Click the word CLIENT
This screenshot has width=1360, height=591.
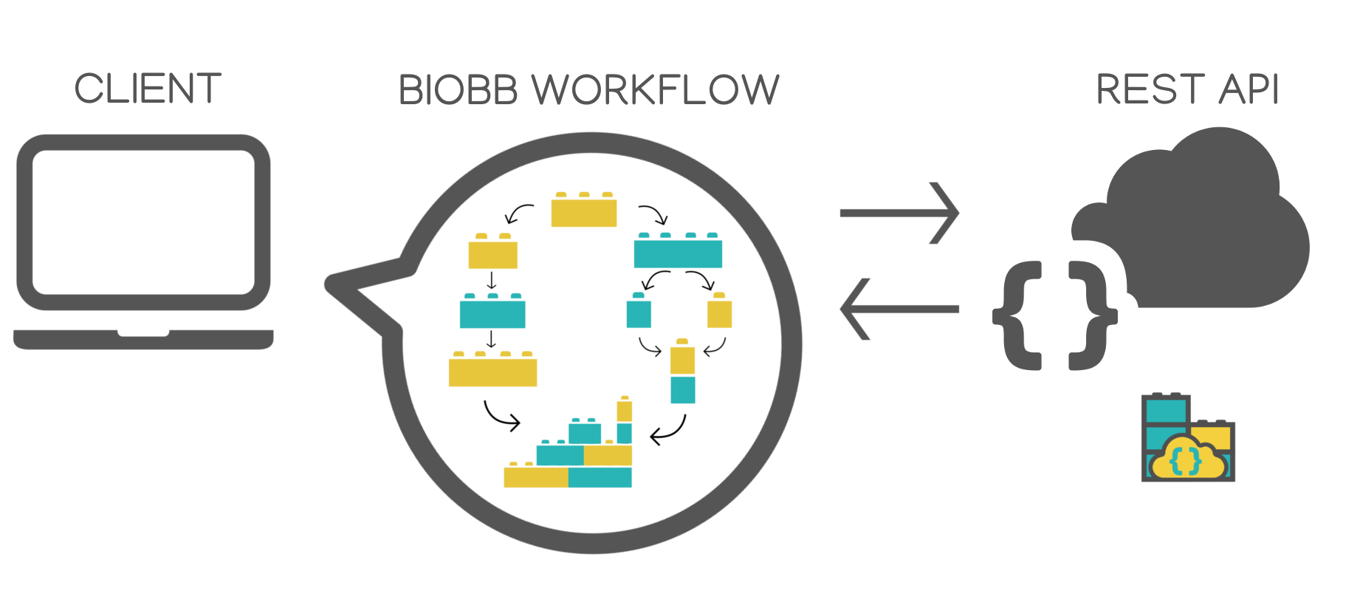point(148,89)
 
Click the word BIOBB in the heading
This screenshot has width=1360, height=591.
point(457,91)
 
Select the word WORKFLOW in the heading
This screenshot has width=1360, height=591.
point(656,91)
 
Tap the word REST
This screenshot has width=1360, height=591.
point(1149,90)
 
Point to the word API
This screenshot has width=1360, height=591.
point(1249,90)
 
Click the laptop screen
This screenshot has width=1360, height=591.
point(143,222)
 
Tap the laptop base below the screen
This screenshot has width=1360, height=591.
point(143,339)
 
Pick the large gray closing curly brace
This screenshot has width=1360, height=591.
point(1090,315)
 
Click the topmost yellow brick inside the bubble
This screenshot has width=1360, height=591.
point(584,211)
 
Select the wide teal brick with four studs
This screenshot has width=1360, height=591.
point(678,252)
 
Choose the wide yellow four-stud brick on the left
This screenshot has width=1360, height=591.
point(492,370)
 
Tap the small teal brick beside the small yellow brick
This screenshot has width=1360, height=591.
point(639,312)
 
